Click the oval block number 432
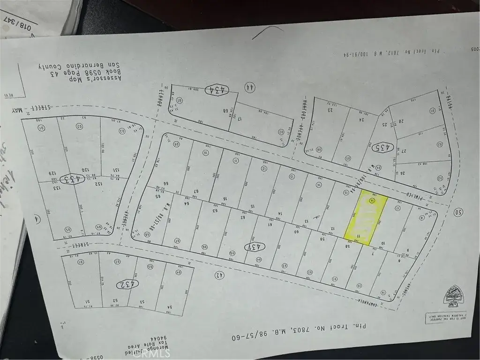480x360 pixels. tap(128, 284)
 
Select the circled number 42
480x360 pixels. tap(218, 275)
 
